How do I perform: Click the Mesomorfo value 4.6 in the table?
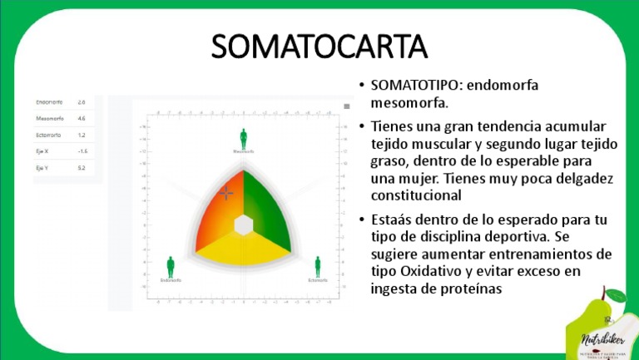click(82, 119)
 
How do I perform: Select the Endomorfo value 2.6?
click(82, 102)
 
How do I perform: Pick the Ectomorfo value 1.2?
click(82, 135)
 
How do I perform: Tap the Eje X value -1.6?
click(82, 151)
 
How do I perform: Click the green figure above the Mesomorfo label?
click(244, 138)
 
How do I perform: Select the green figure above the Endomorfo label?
click(171, 266)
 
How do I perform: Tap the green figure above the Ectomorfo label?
click(317, 266)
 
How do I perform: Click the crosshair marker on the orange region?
click(226, 193)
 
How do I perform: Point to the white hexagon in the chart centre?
click(244, 225)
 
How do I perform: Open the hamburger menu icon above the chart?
click(347, 106)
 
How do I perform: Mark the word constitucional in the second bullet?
click(415, 196)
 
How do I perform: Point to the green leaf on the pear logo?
click(617, 295)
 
